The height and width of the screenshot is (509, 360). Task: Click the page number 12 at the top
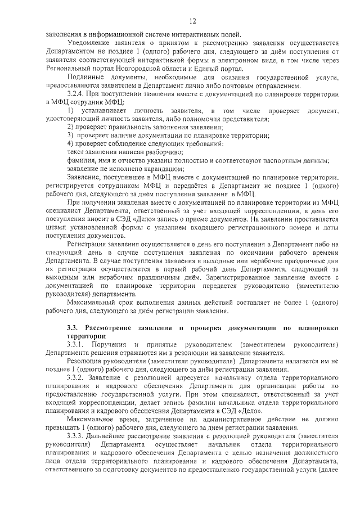pos(192,21)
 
